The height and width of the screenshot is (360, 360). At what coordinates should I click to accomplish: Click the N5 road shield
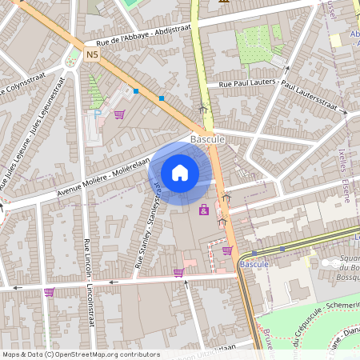click(92, 54)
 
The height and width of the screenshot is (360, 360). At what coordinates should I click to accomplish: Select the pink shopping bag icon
click(204, 210)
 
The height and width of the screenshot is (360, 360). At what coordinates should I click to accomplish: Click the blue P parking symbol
click(98, 114)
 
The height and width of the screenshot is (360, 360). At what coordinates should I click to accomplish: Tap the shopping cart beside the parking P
click(119, 114)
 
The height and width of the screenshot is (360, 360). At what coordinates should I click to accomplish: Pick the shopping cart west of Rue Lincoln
click(49, 292)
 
